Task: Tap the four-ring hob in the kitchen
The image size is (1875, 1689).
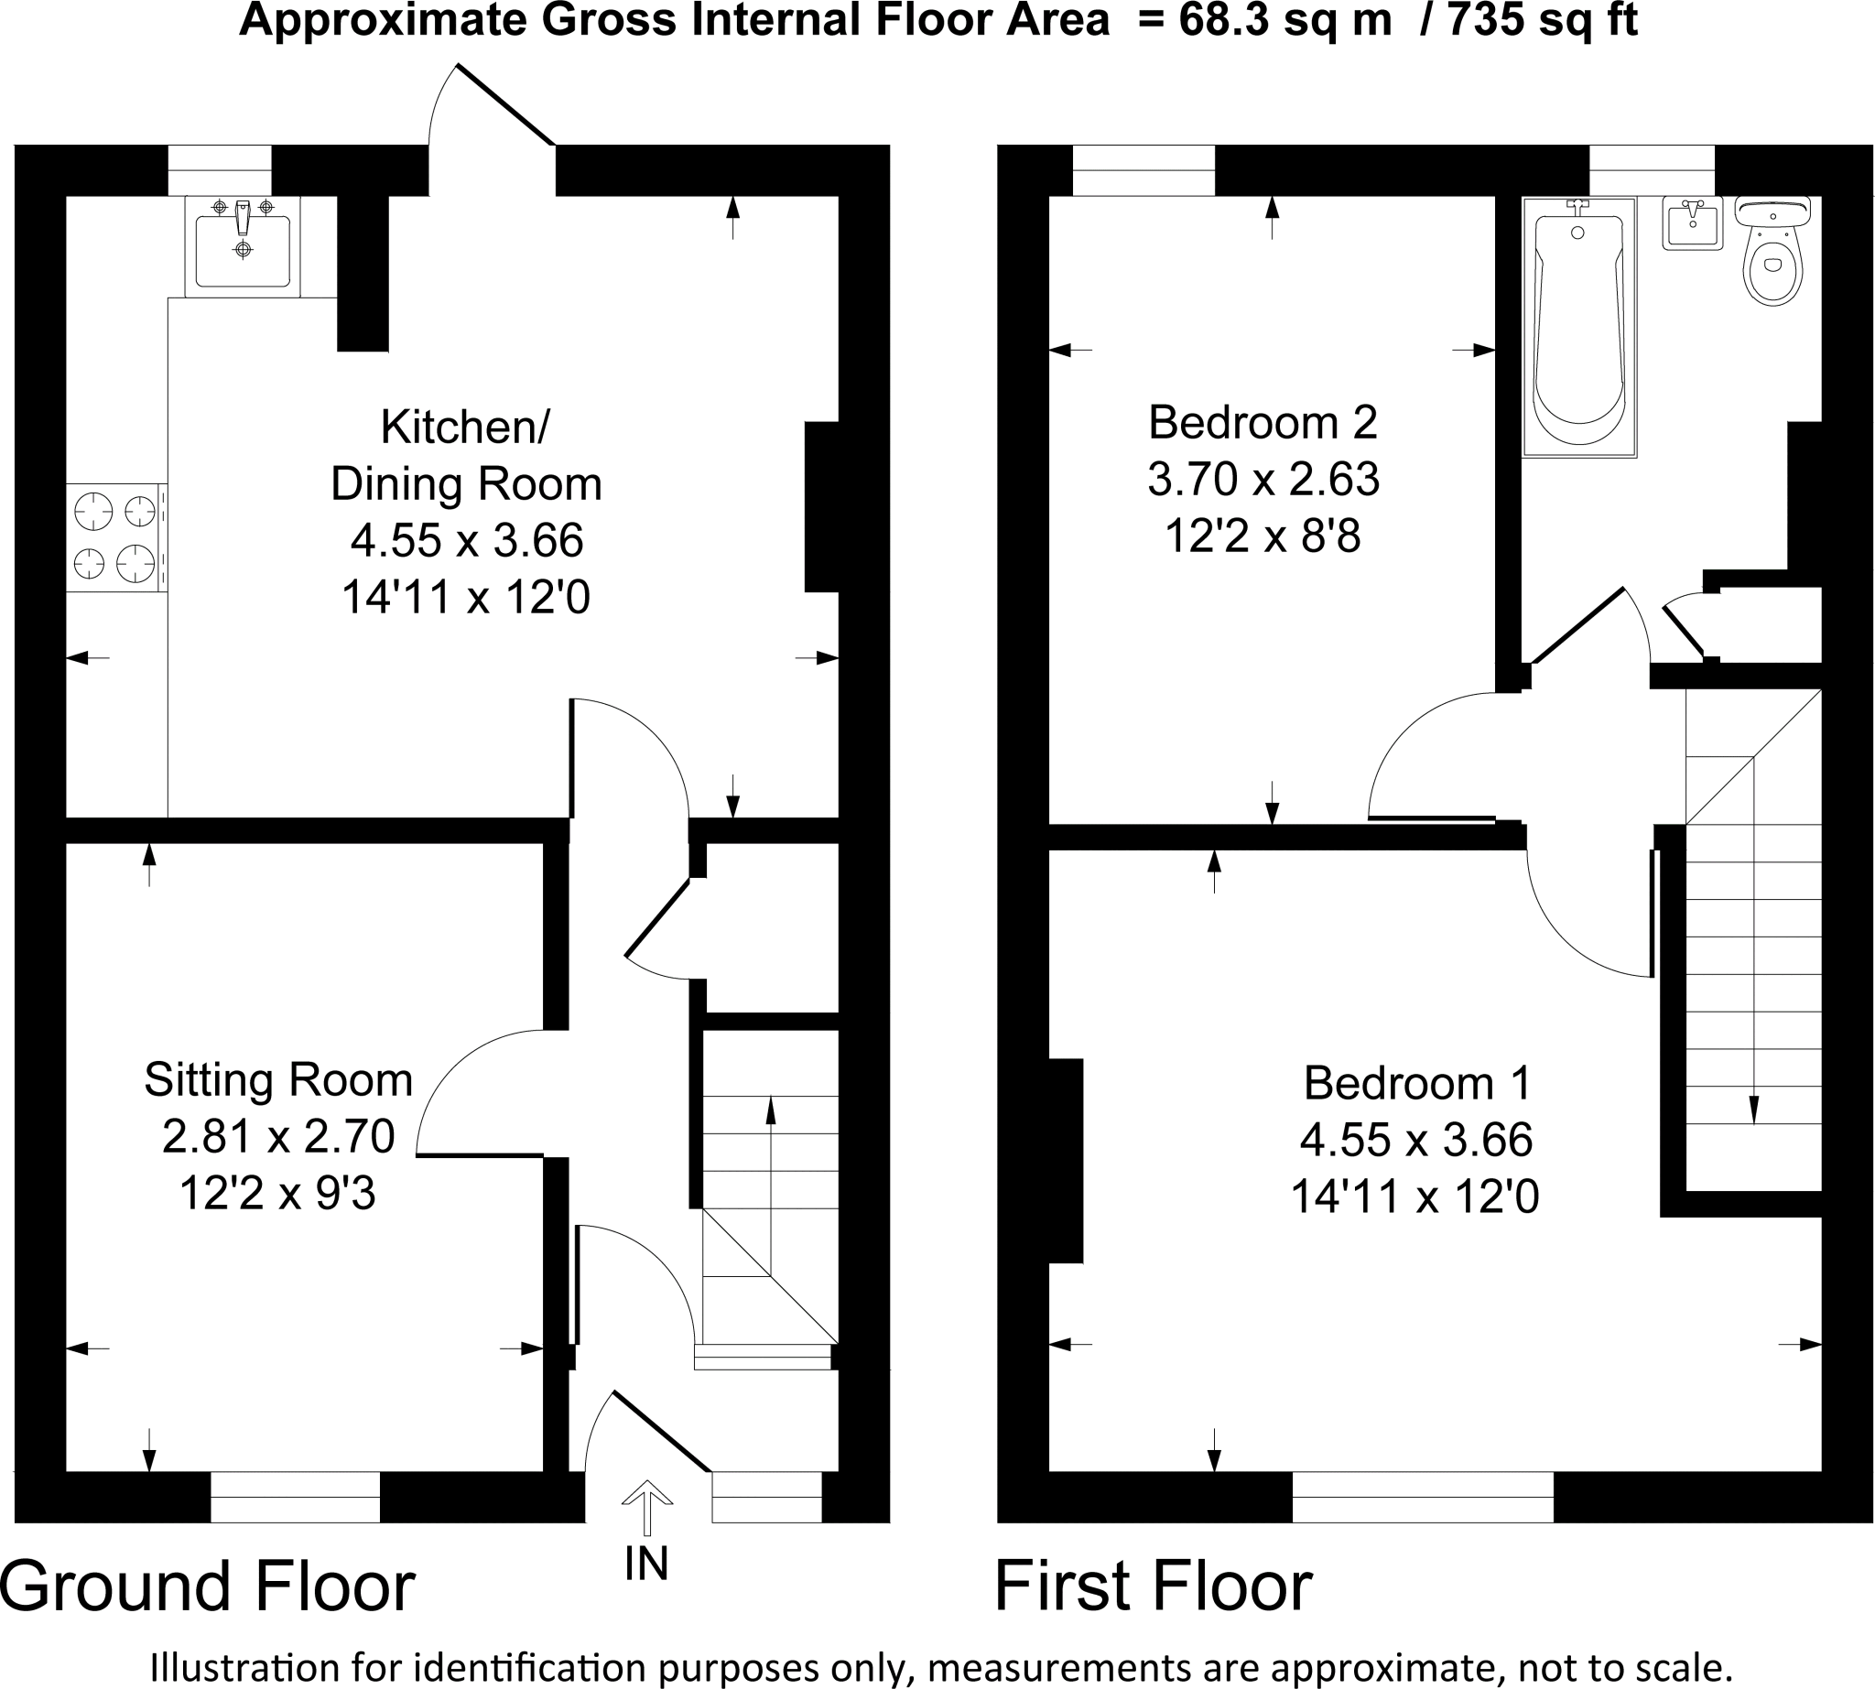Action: point(115,537)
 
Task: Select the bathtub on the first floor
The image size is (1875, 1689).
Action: point(1579,328)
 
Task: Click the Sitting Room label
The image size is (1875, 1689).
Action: point(278,1080)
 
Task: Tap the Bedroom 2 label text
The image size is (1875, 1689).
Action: point(1263,423)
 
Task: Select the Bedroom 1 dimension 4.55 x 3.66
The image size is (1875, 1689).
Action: point(1415,1140)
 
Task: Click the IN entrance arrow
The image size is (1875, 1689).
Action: point(647,1506)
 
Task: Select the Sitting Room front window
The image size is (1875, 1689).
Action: point(295,1496)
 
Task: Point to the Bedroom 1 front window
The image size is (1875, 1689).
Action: point(1422,1496)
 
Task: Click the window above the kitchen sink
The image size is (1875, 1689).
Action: point(219,171)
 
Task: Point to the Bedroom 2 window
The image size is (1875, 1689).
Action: point(1143,171)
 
